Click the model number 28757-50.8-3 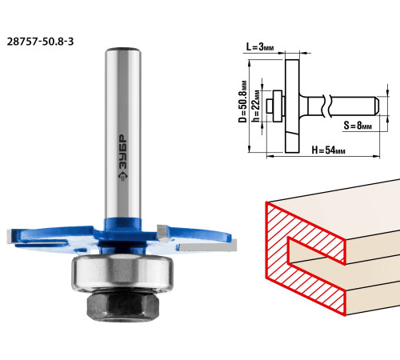pos(40,42)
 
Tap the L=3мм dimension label pos(260,47)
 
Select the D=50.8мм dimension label pos(242,101)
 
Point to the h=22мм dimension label pos(256,106)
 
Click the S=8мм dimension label pos(358,126)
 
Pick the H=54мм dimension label pos(328,150)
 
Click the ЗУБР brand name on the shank pos(122,151)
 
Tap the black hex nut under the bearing pos(123,306)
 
